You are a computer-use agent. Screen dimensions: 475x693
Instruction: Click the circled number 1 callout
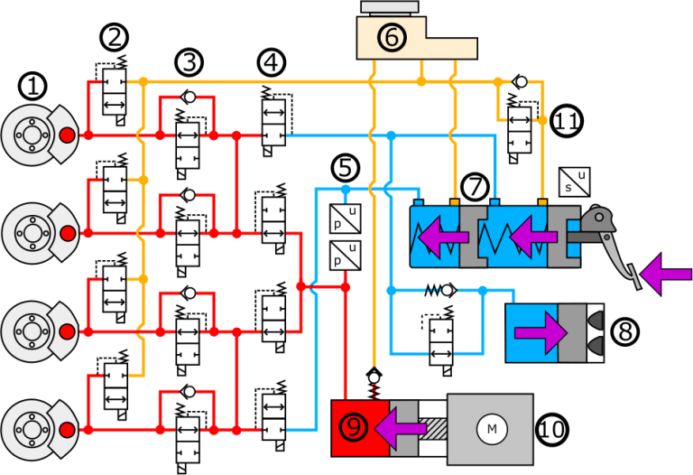click(32, 87)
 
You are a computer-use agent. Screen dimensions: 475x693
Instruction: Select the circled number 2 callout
click(115, 37)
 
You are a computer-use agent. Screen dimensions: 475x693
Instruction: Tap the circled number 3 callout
click(189, 62)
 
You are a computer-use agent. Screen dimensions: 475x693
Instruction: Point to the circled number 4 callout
click(270, 62)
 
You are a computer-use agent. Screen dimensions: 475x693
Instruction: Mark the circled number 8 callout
click(623, 332)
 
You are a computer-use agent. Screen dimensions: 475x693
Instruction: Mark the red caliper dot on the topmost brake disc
click(68, 135)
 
